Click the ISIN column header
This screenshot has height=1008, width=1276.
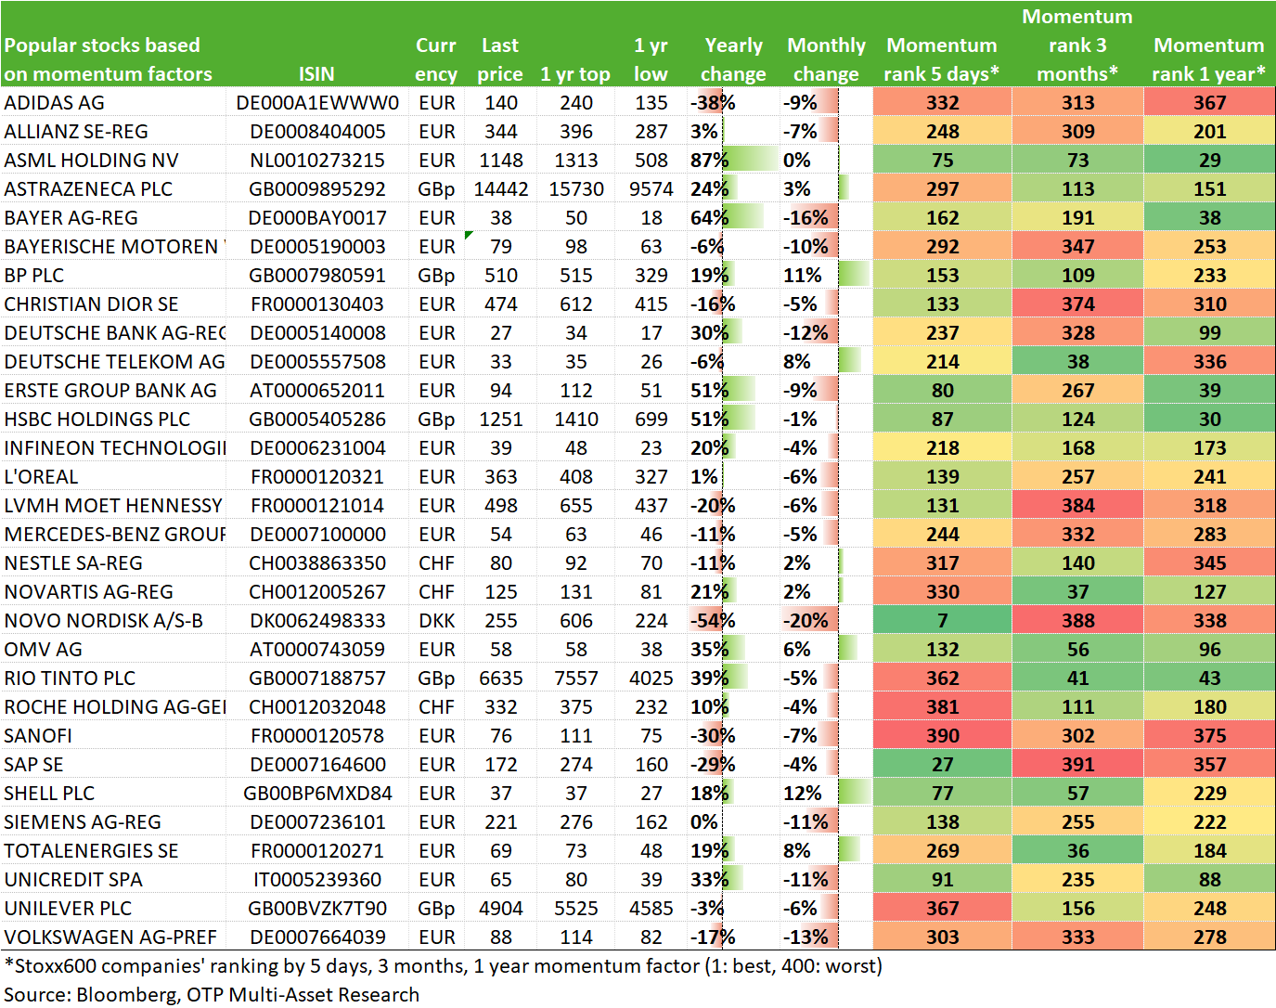point(316,73)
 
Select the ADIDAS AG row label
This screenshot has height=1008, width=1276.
point(54,103)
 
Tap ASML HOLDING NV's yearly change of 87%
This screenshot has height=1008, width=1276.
point(709,161)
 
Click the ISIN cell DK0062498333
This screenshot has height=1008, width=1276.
point(317,621)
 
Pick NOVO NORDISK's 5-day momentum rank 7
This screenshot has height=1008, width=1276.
point(942,621)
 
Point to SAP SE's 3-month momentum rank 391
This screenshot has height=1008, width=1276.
point(1077,764)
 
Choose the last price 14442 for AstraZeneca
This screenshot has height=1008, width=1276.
point(501,189)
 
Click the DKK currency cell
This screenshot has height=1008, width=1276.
point(436,621)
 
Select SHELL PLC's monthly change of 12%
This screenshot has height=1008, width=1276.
point(802,794)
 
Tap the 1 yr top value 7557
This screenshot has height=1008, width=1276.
point(575,678)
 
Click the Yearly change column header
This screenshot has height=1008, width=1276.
point(733,59)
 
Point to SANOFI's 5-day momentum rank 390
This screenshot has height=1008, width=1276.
point(942,736)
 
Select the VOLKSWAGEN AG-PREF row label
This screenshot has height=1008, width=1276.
point(110,937)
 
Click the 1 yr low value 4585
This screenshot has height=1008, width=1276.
point(651,909)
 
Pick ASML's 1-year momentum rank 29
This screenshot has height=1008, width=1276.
point(1209,161)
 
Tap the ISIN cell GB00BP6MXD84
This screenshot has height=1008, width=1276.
point(317,794)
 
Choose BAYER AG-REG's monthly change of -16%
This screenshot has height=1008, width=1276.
point(806,218)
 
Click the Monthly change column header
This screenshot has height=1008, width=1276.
point(826,59)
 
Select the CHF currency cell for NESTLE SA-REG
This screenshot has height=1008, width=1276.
point(436,563)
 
